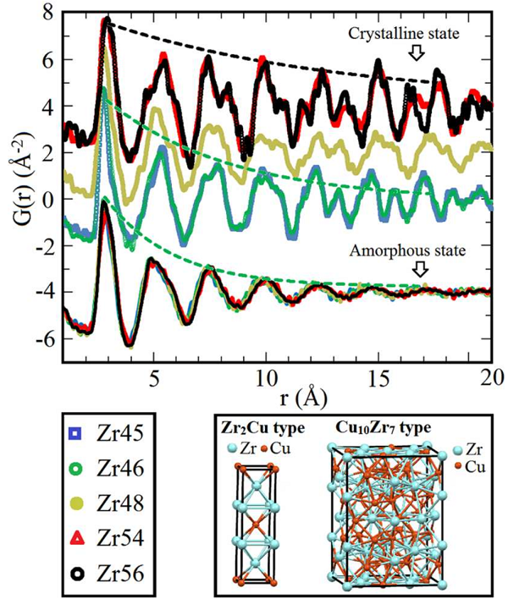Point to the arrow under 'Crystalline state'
click(417, 52)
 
